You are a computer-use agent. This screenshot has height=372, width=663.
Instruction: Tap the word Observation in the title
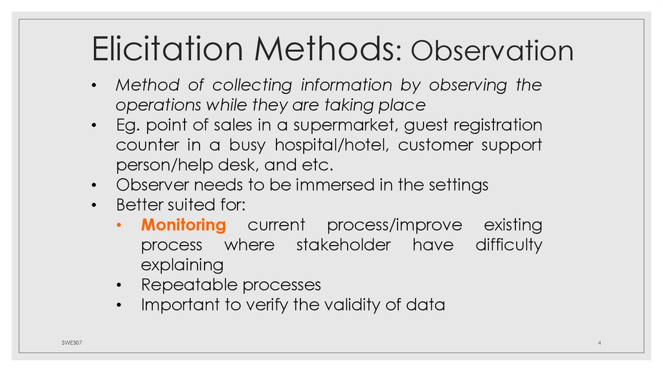point(492,51)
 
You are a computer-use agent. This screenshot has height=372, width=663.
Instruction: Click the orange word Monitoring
point(184,226)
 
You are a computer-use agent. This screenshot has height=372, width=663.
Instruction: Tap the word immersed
point(334,185)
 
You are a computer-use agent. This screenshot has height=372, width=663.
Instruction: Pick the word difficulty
point(508,246)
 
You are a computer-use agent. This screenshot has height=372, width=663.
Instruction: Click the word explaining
point(182,266)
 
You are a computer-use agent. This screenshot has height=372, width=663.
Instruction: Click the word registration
point(492,124)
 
